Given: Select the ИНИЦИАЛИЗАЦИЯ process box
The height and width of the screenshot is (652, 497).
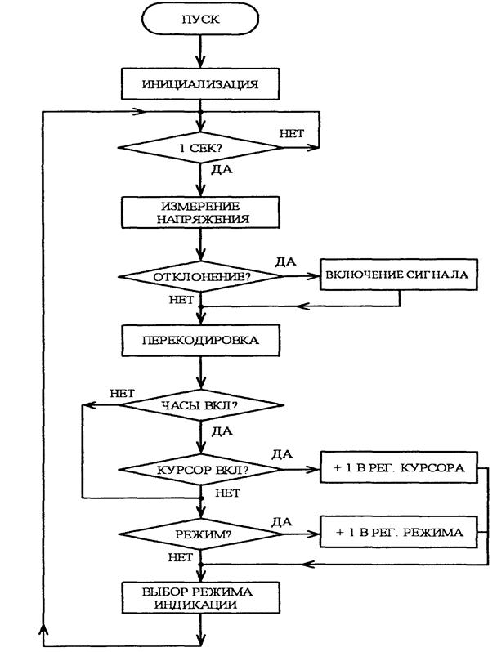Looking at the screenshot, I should pos(200,83).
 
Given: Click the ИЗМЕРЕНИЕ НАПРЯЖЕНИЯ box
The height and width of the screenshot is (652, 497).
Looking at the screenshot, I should pos(200,212).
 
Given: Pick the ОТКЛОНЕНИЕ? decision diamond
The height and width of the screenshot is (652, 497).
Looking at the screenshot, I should pos(200,276).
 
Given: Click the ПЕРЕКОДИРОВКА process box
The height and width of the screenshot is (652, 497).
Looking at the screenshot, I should pos(200,339).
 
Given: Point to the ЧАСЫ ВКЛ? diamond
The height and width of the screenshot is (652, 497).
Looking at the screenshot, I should pos(200,404).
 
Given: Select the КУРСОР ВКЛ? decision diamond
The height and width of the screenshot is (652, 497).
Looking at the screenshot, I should pos(200,471).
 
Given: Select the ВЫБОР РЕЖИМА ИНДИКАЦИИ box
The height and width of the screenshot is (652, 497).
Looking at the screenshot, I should pos(200,599).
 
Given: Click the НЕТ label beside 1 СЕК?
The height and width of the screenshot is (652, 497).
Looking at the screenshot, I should pos(292,131).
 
